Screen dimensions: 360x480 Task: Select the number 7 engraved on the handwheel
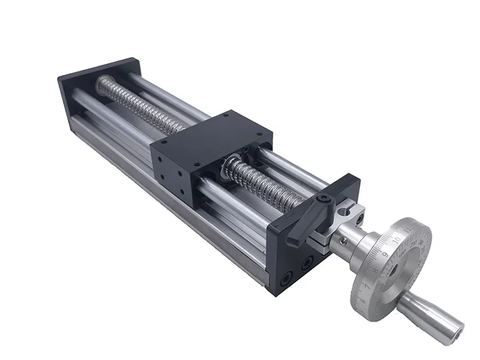coord(367,286)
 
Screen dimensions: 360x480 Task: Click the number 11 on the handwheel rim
coord(408,230)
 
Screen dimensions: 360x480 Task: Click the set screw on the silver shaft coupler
coord(343,241)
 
